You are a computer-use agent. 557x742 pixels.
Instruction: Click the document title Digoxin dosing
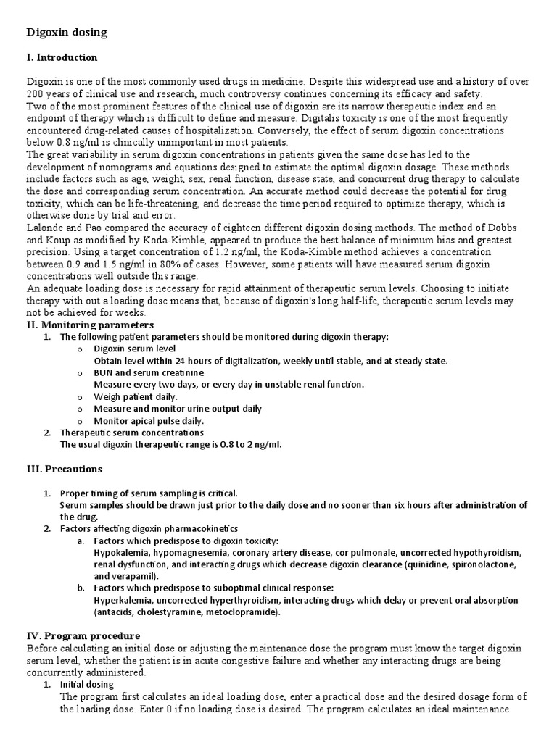click(67, 33)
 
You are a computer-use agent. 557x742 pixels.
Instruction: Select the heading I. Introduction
click(62, 57)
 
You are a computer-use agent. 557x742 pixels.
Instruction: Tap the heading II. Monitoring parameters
click(90, 325)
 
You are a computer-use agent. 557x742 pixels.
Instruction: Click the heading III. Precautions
click(65, 469)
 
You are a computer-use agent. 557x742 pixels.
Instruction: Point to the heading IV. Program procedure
click(81, 635)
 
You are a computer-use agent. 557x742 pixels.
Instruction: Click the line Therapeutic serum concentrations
click(132, 433)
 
